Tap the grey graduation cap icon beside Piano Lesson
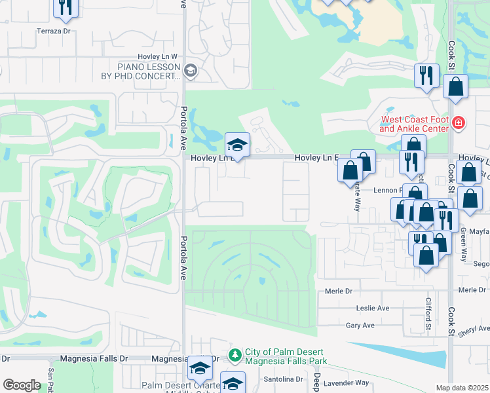[x=190, y=71]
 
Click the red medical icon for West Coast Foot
[x=459, y=122]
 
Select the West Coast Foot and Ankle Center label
[x=415, y=124]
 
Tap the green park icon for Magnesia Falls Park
[x=235, y=354]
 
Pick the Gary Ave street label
[x=360, y=325]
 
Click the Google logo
[x=22, y=385]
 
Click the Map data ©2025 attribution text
[x=462, y=388]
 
